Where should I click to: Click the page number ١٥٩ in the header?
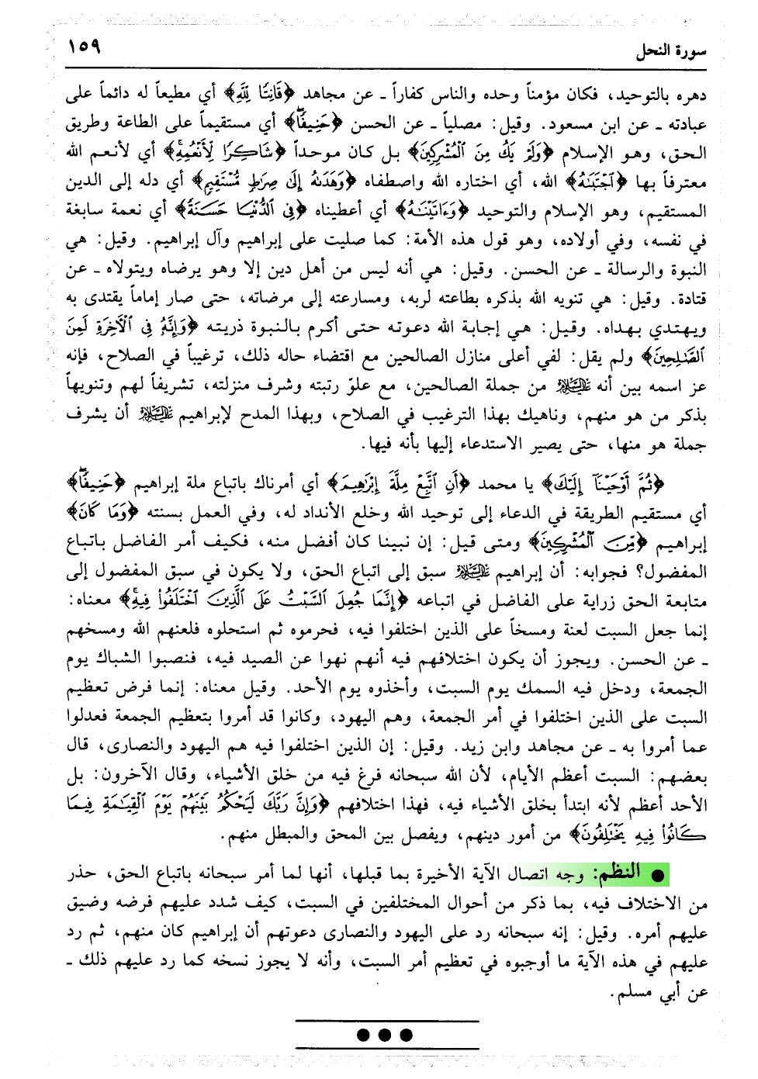(x=85, y=47)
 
